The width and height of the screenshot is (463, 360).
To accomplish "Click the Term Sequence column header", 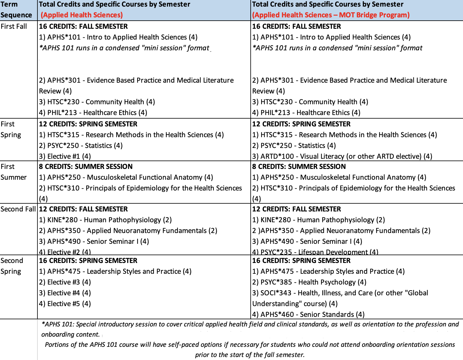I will pyautogui.click(x=16, y=10).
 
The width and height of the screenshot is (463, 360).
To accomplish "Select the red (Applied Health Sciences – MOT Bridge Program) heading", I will pyautogui.click(x=331, y=15).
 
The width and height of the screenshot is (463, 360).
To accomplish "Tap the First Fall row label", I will pyautogui.click(x=14, y=26).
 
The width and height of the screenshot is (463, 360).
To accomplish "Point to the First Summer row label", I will pyautogui.click(x=13, y=172).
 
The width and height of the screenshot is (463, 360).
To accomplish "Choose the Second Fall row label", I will pyautogui.click(x=18, y=209).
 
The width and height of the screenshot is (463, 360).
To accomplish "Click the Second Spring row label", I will pyautogui.click(x=12, y=266).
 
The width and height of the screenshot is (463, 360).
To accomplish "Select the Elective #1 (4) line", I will pyautogui.click(x=65, y=156).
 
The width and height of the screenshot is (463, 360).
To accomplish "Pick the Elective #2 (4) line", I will pyautogui.click(x=65, y=252).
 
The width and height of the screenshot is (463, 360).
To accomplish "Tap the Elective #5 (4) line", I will pyautogui.click(x=65, y=304).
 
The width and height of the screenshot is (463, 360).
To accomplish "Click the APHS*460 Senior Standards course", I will pyautogui.click(x=308, y=314).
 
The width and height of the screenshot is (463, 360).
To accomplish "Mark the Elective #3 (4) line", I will pyautogui.click(x=65, y=282).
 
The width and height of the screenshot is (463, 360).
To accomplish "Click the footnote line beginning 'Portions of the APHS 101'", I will pyautogui.click(x=250, y=345).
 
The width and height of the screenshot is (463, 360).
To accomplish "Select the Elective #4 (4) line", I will pyautogui.click(x=65, y=293).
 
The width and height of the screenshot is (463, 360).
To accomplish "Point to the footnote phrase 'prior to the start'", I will pyautogui.click(x=221, y=355).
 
